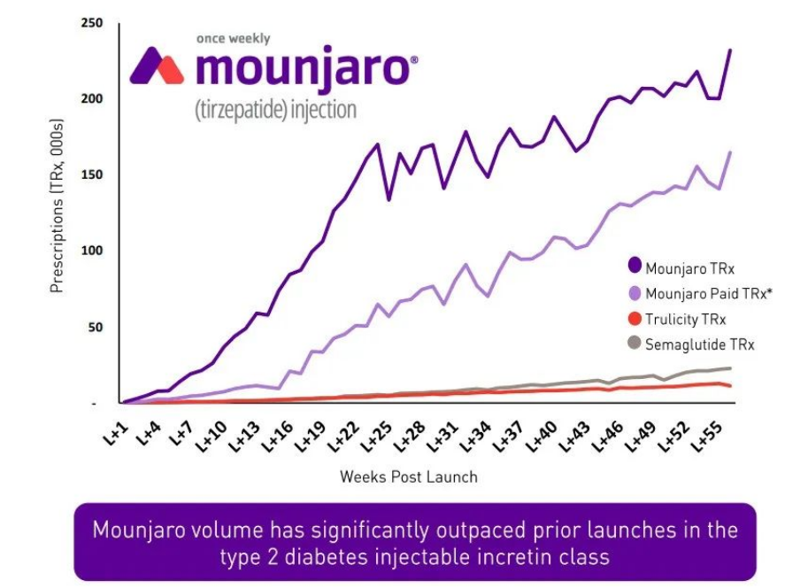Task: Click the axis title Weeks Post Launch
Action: click(408, 476)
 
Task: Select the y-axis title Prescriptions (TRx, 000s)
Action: click(58, 213)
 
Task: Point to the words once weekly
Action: click(234, 39)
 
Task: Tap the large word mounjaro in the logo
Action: click(302, 69)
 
